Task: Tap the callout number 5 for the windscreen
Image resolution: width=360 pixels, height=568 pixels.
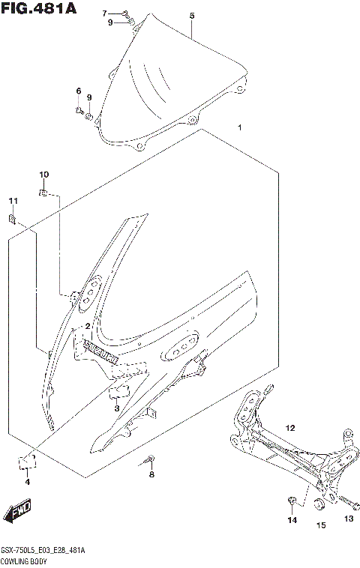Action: click(x=192, y=16)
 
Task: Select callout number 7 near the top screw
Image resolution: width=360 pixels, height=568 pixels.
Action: click(x=105, y=13)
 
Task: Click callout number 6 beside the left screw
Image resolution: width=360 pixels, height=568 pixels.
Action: click(x=77, y=91)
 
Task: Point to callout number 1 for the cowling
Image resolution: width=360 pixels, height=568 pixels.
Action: click(x=239, y=127)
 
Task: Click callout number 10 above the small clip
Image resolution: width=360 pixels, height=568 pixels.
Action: click(x=43, y=175)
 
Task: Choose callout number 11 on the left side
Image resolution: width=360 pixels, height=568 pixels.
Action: click(x=12, y=201)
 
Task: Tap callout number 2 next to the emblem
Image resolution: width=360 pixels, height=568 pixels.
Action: click(x=88, y=326)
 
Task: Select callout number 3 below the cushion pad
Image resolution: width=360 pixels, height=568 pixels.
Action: click(x=117, y=408)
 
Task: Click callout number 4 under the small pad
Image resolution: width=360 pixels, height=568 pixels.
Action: click(x=27, y=482)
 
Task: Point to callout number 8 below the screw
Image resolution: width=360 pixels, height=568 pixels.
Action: click(x=151, y=474)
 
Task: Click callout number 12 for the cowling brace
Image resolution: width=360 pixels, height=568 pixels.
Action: click(x=290, y=428)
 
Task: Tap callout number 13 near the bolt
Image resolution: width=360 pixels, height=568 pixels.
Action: click(x=348, y=519)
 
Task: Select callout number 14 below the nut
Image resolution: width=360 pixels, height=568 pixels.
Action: click(x=292, y=519)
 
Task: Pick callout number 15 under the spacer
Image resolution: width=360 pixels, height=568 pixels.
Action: click(x=320, y=525)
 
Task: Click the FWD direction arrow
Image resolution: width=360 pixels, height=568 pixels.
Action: click(x=18, y=513)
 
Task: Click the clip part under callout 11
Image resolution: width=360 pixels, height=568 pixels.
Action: click(x=13, y=219)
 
